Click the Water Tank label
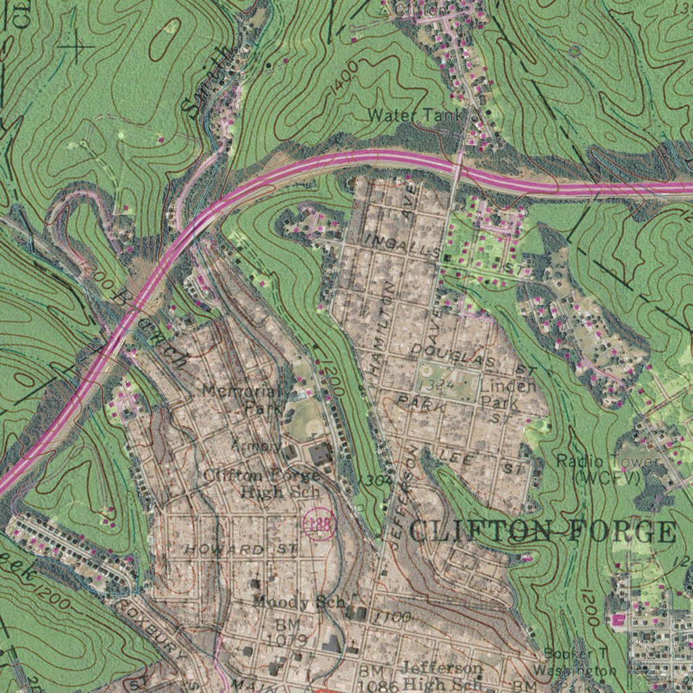(x=415, y=116)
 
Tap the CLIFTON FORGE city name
(x=542, y=532)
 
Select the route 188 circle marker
(x=319, y=524)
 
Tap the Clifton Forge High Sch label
(x=261, y=484)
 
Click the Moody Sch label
(x=299, y=602)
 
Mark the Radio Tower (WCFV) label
(x=606, y=468)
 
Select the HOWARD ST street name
(x=242, y=549)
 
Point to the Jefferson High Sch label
(x=442, y=675)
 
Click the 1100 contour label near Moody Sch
(x=393, y=617)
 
